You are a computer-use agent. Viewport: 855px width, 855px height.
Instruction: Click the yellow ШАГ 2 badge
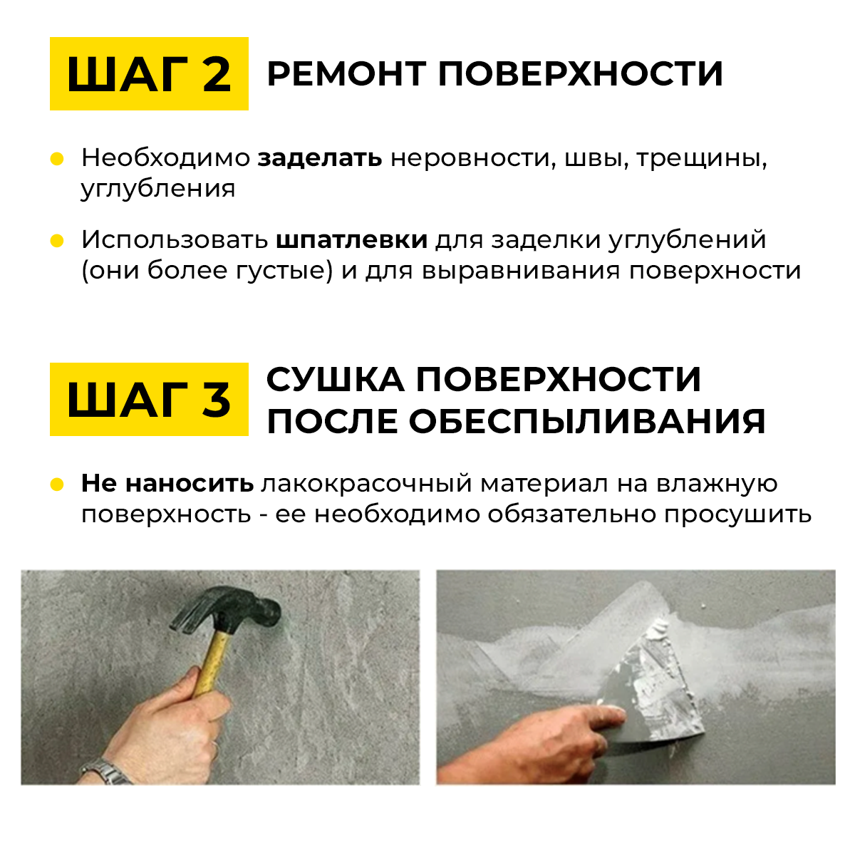pyautogui.click(x=149, y=73)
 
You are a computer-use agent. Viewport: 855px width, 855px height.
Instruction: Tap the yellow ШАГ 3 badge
pyautogui.click(x=149, y=399)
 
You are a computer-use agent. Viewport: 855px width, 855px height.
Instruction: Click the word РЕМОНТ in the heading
pyautogui.click(x=346, y=73)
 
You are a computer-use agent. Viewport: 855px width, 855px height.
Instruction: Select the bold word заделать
pyautogui.click(x=319, y=157)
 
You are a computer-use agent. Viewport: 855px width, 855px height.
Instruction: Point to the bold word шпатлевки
pyautogui.click(x=351, y=240)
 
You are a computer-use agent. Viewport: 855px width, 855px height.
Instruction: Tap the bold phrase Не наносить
pyautogui.click(x=167, y=483)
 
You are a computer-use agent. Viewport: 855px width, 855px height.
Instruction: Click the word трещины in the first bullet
pyautogui.click(x=702, y=158)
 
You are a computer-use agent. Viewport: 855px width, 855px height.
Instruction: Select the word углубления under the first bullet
pyautogui.click(x=158, y=190)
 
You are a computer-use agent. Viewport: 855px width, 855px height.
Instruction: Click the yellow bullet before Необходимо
pyautogui.click(x=57, y=159)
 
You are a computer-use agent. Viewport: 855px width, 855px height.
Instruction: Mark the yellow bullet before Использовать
pyautogui.click(x=57, y=241)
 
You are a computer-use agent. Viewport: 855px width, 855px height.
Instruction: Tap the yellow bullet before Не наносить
pyautogui.click(x=57, y=484)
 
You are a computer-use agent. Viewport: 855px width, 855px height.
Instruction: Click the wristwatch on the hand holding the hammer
pyautogui.click(x=106, y=771)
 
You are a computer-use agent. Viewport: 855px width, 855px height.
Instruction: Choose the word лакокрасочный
pyautogui.click(x=366, y=484)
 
